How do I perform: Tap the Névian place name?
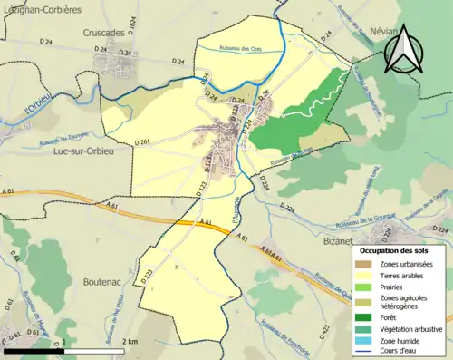385,31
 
